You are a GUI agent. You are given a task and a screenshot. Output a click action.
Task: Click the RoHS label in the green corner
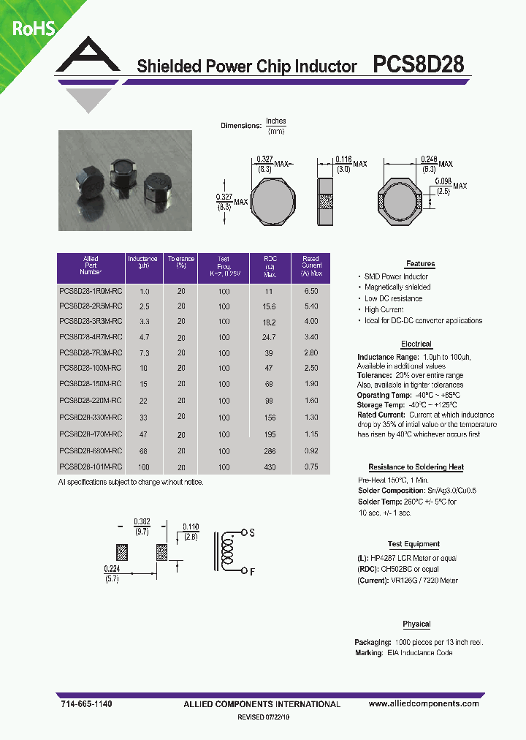(32, 29)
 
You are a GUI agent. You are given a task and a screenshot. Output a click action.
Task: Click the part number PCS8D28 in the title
(418, 65)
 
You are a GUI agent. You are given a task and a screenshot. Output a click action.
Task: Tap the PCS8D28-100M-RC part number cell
(91, 368)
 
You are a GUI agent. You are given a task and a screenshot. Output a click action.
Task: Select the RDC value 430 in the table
(270, 467)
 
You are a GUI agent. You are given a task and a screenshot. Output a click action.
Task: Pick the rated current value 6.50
(310, 292)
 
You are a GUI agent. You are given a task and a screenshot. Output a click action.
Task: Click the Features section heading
(420, 264)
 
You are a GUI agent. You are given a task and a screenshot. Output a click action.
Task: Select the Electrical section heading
(416, 344)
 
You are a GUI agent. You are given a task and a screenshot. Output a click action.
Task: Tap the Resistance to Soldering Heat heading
(416, 467)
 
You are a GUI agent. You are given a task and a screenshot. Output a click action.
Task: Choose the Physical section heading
(416, 624)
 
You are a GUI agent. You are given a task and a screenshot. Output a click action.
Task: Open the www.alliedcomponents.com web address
(424, 703)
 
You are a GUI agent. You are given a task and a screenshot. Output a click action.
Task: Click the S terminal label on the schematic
(252, 534)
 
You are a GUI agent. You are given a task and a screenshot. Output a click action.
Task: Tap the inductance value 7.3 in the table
(144, 352)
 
